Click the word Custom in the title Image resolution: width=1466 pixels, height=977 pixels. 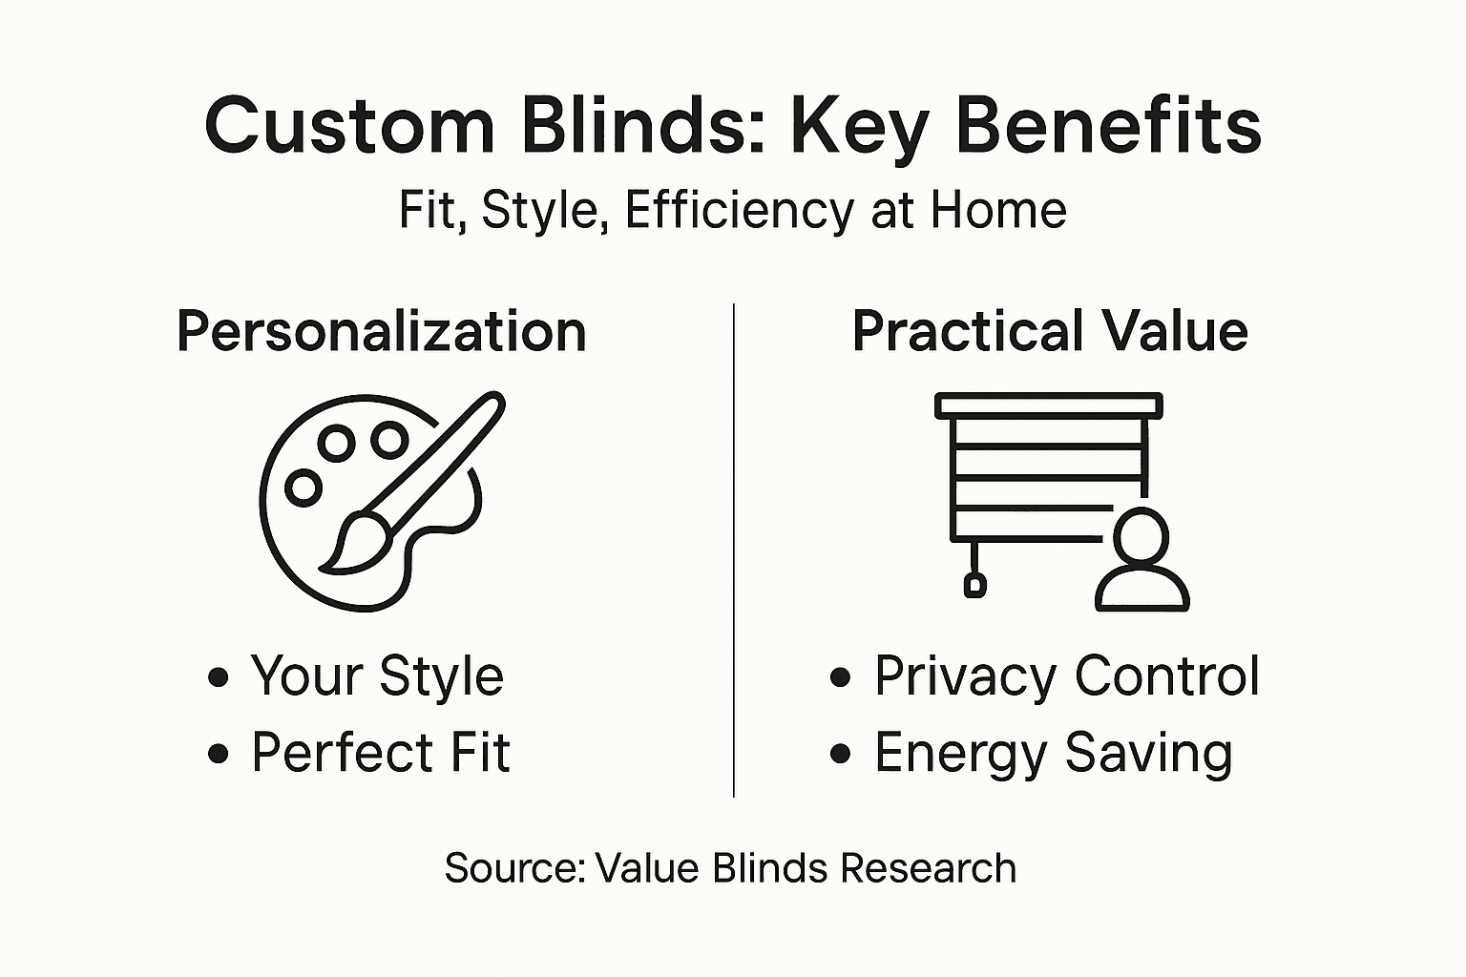(349, 126)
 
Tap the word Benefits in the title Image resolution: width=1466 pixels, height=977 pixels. (1108, 126)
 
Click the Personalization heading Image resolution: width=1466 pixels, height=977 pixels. (382, 331)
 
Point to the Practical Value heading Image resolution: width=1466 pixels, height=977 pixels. (1050, 331)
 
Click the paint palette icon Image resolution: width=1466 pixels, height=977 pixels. (372, 501)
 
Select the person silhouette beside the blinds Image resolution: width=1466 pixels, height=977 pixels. (1141, 563)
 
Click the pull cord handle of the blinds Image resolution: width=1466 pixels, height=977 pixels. (974, 584)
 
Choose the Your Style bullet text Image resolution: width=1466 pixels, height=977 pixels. (377, 676)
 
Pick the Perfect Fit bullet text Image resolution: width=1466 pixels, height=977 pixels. (380, 752)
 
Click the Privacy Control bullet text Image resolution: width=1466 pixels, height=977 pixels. (1066, 676)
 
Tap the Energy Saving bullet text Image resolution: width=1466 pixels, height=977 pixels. (1053, 752)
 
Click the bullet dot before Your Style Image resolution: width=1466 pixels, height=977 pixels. (219, 677)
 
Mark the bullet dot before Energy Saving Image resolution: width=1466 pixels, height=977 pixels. (840, 754)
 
